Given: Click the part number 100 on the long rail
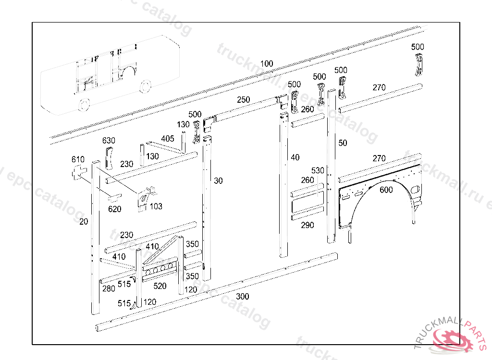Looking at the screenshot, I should coord(267,64).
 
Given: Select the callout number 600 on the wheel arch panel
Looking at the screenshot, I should coord(386,190).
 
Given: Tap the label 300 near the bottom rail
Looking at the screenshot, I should coord(243,297).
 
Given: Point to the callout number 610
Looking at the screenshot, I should coord(78,159).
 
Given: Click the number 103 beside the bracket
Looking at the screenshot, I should coord(156,206).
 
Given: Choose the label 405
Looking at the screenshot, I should coord(168,139).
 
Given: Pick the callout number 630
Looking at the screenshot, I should coord(109,141).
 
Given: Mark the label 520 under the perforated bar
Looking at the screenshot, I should coord(160,286).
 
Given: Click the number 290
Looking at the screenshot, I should coord(307,225).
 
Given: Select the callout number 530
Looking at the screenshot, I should coord(318,171).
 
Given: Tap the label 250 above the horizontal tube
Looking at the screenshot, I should coord(244,100).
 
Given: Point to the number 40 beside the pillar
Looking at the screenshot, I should coord(295,157).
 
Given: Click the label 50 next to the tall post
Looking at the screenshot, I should coord(343,143).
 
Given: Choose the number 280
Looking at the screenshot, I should coord(109,288).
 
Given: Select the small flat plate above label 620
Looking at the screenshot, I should coord(114,197).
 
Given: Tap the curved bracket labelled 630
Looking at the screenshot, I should coord(109,158).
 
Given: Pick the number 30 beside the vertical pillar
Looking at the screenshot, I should coord(219,181).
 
